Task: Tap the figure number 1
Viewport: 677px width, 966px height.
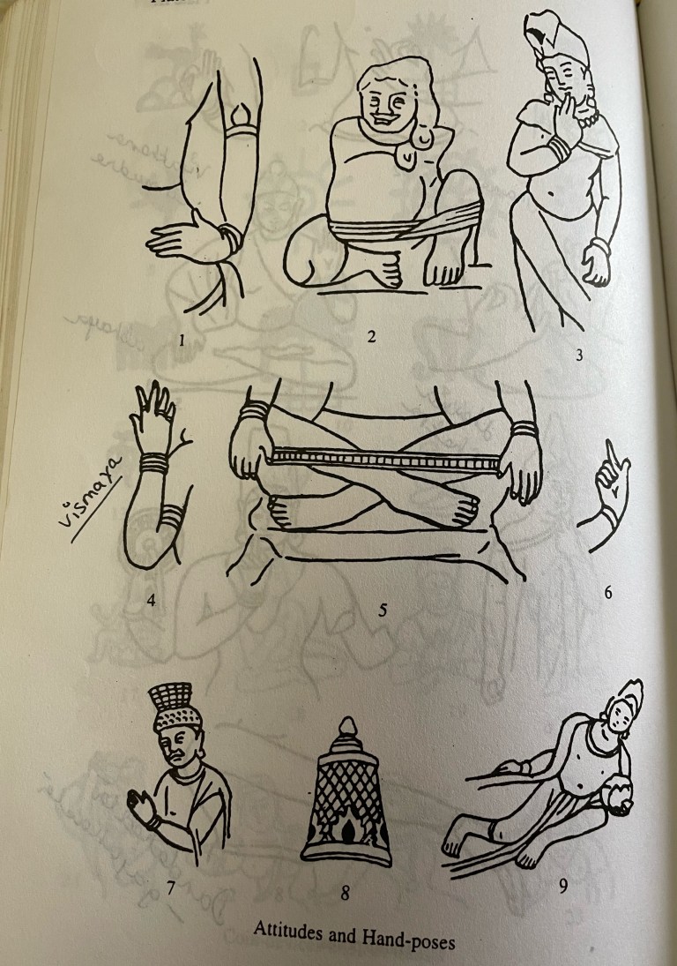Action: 182,341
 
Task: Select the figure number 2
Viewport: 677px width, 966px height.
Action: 371,336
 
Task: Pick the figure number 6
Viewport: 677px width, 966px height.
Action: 607,593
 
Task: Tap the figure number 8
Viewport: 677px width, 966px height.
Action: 345,895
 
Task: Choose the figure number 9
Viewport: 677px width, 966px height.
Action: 562,885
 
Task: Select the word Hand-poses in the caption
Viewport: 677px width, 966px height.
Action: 413,939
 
